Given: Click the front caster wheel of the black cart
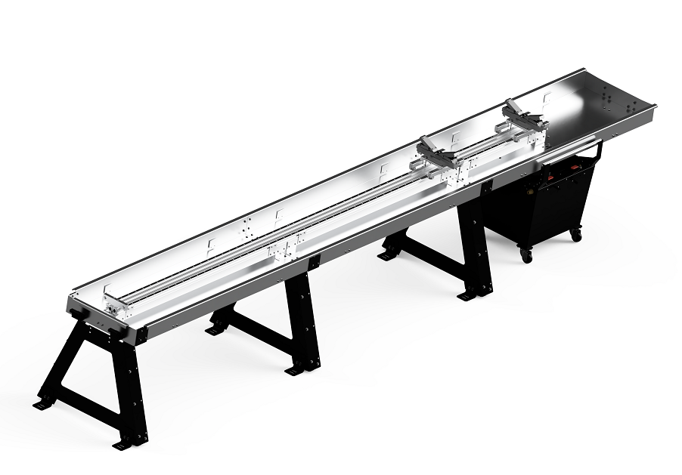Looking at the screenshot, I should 526,256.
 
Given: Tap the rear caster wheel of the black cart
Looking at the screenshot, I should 576,235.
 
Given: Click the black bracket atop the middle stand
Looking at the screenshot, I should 312,262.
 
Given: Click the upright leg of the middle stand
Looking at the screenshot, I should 302,317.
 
